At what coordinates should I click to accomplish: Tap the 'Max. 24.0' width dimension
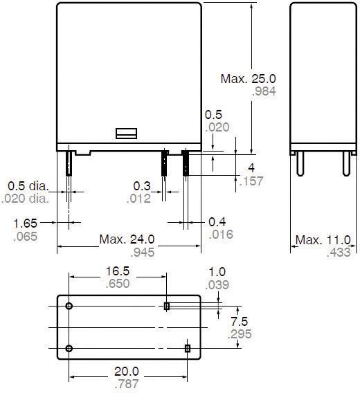[x=127, y=240]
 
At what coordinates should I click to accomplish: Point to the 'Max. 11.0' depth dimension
[x=323, y=240]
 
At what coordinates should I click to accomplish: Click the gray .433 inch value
[x=338, y=253]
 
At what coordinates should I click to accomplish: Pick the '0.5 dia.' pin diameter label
[x=26, y=186]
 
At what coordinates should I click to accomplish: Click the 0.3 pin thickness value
[x=141, y=186]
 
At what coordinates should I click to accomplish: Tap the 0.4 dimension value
[x=217, y=223]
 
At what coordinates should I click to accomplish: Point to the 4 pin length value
[x=251, y=168]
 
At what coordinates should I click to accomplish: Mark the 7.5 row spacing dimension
[x=240, y=322]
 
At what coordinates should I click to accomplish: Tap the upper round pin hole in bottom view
[x=69, y=306]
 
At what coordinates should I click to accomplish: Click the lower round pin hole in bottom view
[x=69, y=348]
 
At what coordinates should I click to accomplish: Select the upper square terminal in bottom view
[x=167, y=306]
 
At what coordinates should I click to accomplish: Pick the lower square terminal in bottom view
[x=187, y=348]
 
